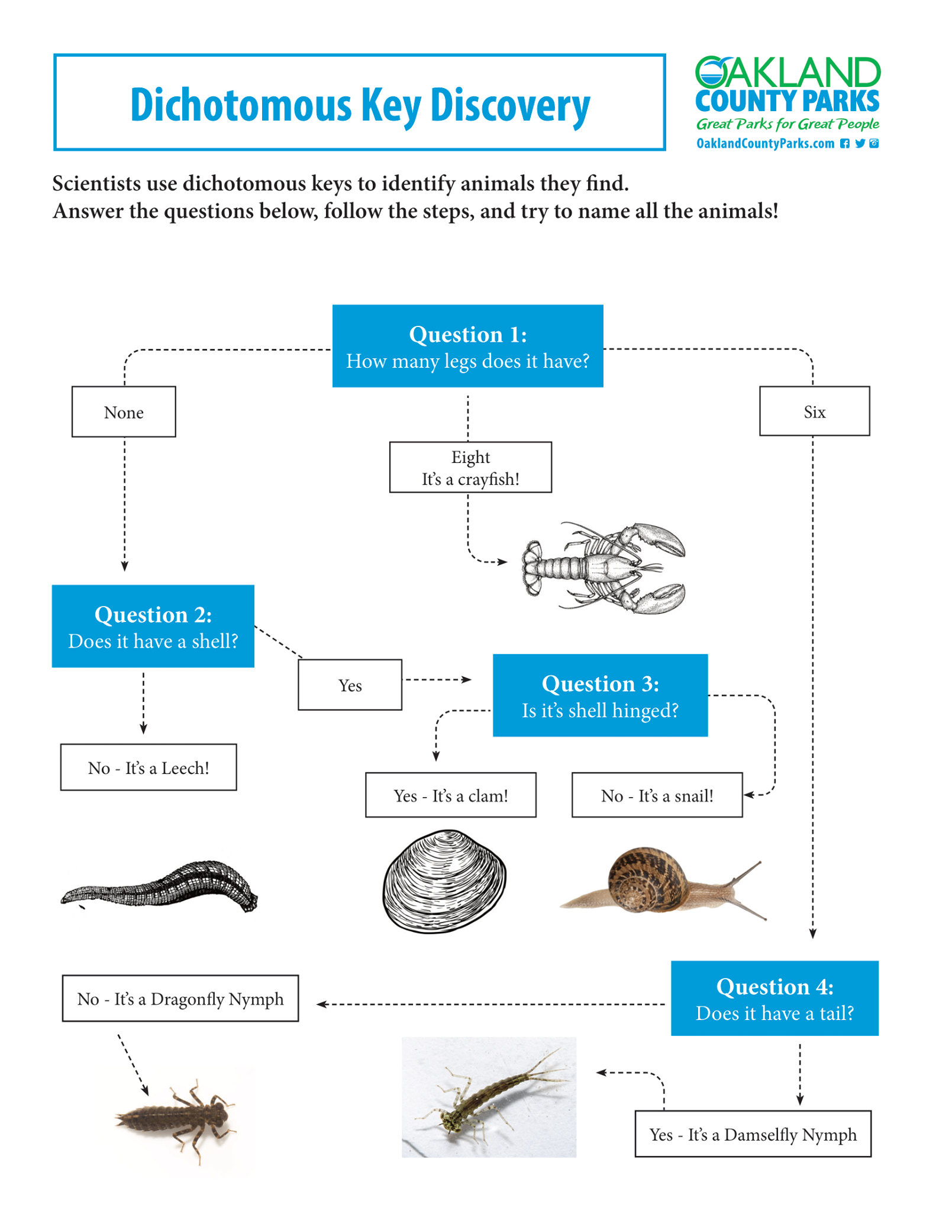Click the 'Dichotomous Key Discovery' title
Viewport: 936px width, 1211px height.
360,105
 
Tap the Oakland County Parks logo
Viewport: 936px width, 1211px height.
787,102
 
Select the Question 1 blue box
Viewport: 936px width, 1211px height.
467,346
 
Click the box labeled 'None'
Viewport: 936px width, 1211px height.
124,412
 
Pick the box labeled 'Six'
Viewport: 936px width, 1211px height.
815,411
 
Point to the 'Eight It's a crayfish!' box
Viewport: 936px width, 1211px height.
470,467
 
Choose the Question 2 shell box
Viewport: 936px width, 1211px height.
153,626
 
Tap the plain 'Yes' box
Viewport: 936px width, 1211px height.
350,685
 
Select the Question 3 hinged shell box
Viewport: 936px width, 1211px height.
600,695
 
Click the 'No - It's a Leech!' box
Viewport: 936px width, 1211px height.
149,767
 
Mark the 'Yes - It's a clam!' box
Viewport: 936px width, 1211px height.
451,795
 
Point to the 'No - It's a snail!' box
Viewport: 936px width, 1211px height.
657,795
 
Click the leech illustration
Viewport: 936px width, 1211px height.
160,885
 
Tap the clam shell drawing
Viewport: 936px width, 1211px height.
444,881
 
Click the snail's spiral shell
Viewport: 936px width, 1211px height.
648,879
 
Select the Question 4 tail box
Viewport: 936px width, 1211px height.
774,998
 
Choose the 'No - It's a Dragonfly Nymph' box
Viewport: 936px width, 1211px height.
180,998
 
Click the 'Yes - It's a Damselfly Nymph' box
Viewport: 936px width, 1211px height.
753,1134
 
